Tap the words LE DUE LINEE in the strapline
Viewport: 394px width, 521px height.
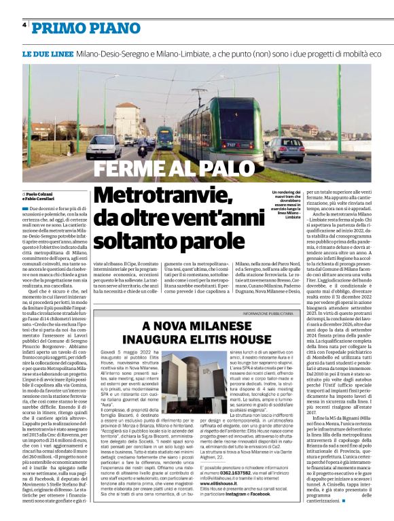[x=48, y=53]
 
